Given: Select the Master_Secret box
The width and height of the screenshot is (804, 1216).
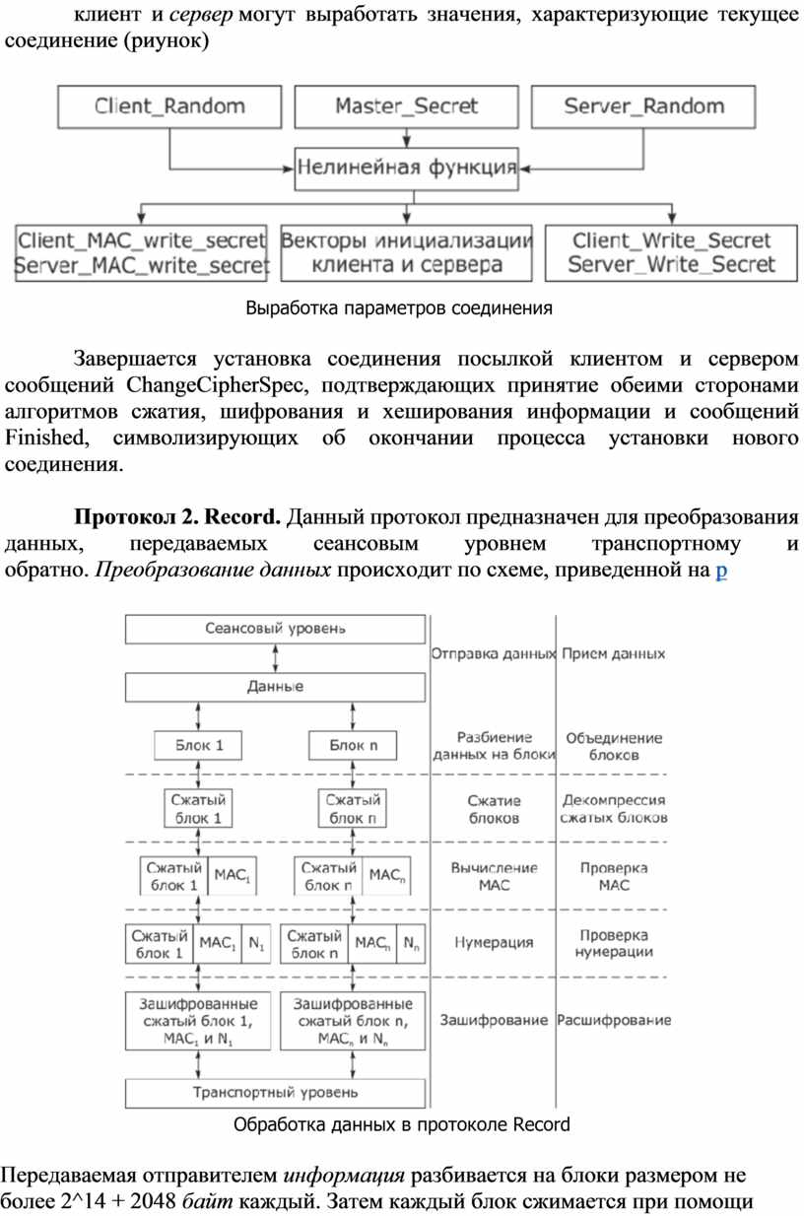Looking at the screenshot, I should [x=406, y=106].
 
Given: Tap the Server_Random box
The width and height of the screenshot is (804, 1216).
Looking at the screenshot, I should [x=643, y=106].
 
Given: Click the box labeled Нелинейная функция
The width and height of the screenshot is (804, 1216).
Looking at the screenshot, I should [x=406, y=169].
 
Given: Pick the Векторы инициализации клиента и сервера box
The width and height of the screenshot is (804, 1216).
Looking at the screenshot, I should [x=406, y=252].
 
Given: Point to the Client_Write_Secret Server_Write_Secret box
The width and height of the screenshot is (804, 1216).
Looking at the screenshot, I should [x=672, y=252].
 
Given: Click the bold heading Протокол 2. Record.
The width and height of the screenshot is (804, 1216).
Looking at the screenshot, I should [x=178, y=518].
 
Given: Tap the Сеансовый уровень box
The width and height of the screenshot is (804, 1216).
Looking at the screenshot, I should [x=276, y=628].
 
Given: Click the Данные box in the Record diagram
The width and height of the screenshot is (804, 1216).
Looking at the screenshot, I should [x=276, y=686].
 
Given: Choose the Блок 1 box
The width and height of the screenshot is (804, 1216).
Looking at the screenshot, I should [x=199, y=745].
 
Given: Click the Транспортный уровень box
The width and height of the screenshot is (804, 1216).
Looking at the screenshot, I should [x=276, y=1092].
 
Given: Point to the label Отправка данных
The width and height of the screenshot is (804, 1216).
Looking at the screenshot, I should [x=493, y=653].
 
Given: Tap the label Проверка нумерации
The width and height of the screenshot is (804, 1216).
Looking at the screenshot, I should [x=614, y=943].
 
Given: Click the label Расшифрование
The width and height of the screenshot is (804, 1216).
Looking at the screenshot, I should [x=614, y=1020].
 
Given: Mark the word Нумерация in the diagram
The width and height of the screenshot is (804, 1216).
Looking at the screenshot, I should [x=493, y=943].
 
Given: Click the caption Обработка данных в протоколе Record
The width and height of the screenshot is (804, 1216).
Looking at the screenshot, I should [x=401, y=1124].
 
